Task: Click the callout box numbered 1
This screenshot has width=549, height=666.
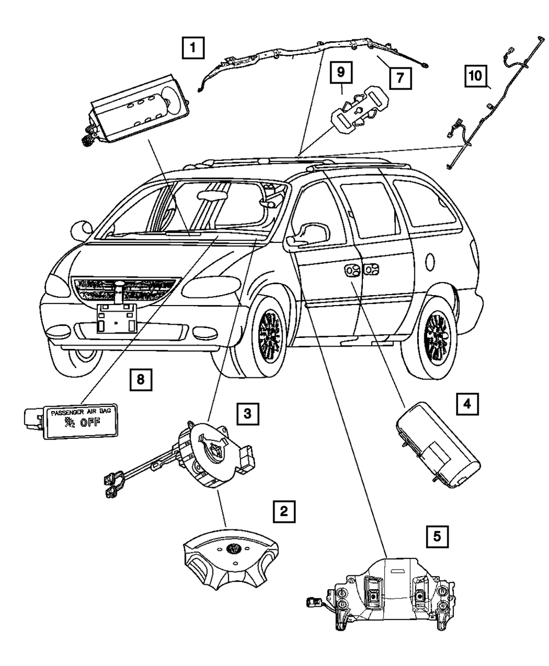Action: point(193,48)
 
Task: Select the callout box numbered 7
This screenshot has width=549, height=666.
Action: point(400,77)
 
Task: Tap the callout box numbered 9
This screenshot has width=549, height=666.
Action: point(341,72)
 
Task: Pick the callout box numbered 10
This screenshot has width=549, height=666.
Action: point(475,75)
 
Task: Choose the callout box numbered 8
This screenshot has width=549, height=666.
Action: point(141,379)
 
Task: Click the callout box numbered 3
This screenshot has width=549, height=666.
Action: point(248,413)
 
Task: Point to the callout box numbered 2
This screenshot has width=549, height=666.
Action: point(283,512)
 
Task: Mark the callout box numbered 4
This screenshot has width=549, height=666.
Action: point(467,405)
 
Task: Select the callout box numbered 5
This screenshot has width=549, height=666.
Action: point(437,535)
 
